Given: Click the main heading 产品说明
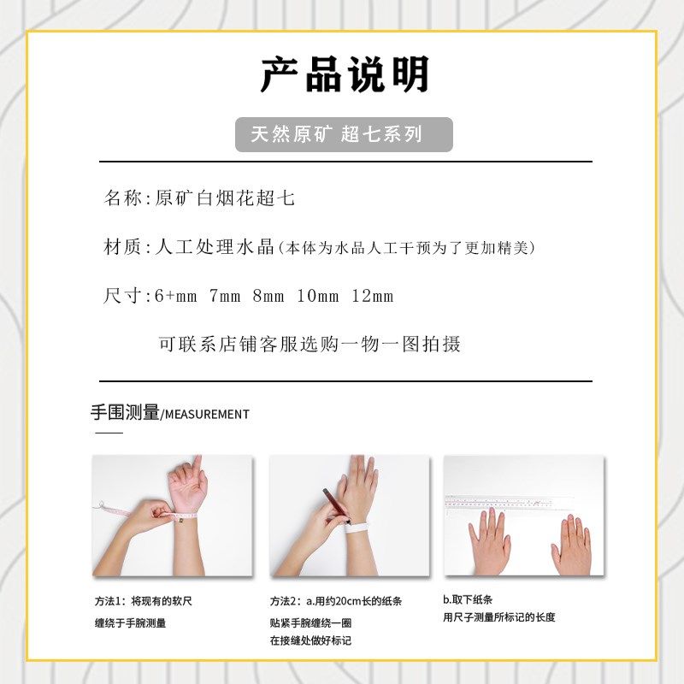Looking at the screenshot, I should coord(344,75).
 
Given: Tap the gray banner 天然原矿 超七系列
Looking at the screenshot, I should coord(344,135).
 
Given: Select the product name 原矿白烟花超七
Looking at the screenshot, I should coord(225,198).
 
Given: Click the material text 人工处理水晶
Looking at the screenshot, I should coord(214,248).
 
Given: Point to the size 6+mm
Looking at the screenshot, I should coord(175,297).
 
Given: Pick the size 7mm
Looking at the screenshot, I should coord(225,297).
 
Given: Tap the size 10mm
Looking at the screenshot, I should coord(318,297).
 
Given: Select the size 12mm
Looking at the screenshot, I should coord(372,297).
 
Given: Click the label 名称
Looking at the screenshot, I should coord(122,198).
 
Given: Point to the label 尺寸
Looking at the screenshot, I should coord(122,297).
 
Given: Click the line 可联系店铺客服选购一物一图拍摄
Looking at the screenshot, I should coord(310,344).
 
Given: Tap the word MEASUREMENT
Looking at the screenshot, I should coord(207,415).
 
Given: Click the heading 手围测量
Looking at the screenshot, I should coord(125,413).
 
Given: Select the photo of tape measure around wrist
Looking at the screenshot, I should coord(172,515).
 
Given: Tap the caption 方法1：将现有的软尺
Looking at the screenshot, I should coord(144,601).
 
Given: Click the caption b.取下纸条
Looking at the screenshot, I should coord(468,600).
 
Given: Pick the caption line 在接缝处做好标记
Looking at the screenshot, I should coord(310,640).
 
